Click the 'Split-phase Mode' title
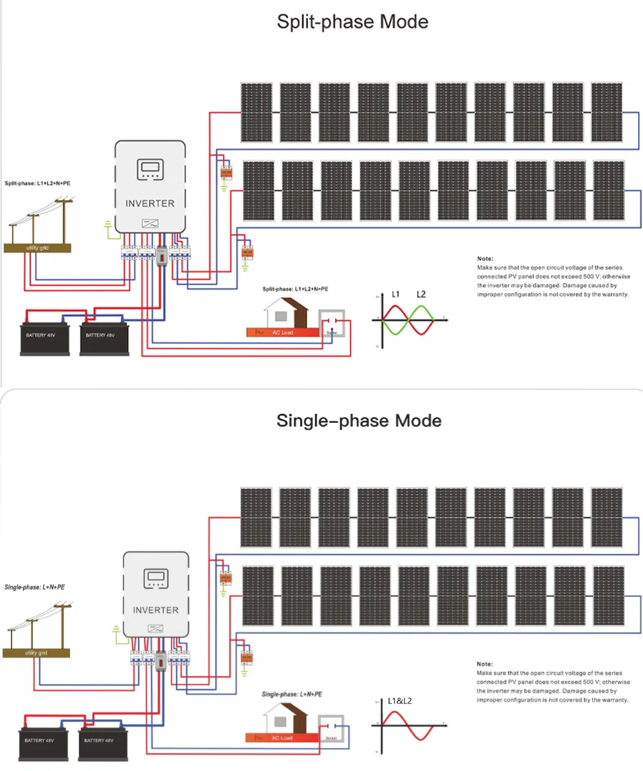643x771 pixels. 352,22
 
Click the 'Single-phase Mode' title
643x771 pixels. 359,421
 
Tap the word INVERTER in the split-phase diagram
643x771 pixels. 150,203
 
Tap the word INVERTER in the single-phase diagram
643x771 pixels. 156,610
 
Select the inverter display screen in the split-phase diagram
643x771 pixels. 150,170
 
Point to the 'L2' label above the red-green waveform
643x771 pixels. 421,294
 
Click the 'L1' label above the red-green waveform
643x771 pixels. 396,294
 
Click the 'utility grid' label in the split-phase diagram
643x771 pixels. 37,247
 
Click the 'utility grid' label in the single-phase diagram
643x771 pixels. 36,653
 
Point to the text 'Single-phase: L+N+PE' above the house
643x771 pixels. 292,695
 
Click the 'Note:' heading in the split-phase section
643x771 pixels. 485,258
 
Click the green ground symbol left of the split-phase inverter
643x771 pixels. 108,225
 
